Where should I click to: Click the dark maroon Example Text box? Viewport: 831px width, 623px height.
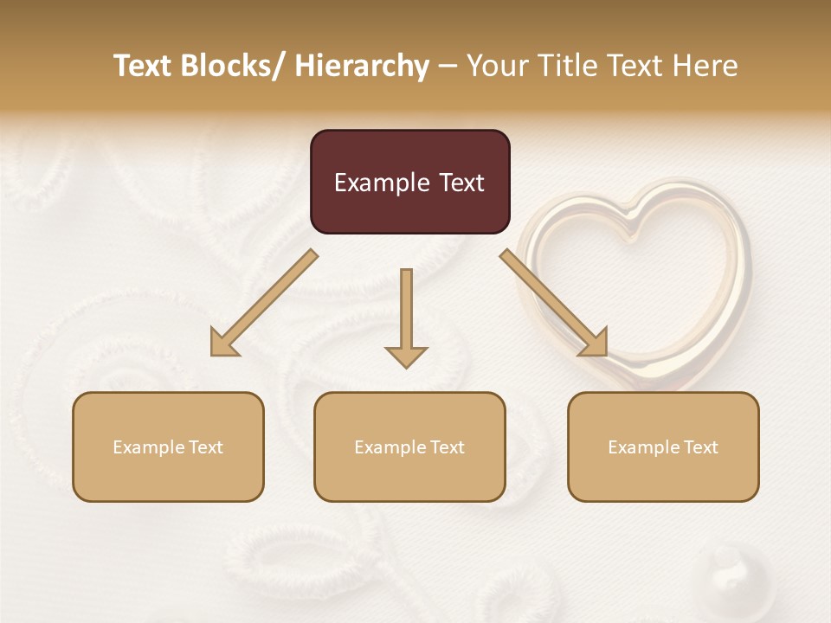(409, 182)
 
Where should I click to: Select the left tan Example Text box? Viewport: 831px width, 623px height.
(168, 446)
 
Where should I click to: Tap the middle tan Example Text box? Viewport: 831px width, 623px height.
(409, 446)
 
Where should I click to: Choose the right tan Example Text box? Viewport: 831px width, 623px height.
(663, 446)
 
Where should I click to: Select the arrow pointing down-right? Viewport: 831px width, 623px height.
(554, 304)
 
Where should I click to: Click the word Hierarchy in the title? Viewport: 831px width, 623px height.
(362, 66)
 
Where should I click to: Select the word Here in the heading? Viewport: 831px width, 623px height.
(705, 66)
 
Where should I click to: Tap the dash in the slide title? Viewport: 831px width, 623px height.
(448, 66)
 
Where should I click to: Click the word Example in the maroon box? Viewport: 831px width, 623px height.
(378, 183)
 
